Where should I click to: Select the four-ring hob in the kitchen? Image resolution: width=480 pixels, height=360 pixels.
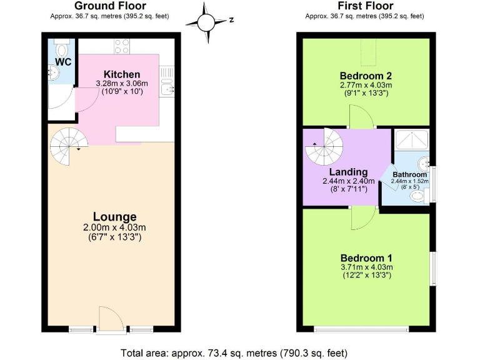coord(122,46)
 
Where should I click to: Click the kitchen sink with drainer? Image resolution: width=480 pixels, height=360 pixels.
coord(166,81)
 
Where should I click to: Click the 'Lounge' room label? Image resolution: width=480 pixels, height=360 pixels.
coord(114,217)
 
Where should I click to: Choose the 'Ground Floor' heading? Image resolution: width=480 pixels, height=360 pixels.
coord(109,6)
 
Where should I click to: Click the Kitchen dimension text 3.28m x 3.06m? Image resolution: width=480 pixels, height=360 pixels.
coord(122,83)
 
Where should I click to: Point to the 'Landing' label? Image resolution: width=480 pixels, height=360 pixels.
coord(348,172)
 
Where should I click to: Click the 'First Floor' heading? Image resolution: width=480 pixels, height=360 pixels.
coord(364,6)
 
